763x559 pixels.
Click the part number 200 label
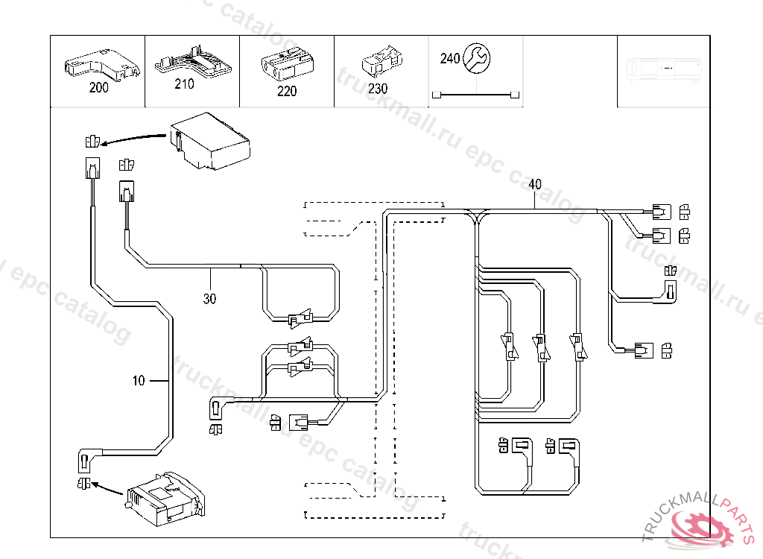(x=98, y=87)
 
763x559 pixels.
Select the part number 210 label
(x=184, y=83)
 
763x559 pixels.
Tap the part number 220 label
(x=286, y=91)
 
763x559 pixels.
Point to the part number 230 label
(x=378, y=88)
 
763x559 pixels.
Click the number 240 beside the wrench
(x=450, y=58)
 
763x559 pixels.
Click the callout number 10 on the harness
(x=139, y=381)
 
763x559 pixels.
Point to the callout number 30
(x=210, y=298)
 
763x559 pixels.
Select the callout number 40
(x=534, y=184)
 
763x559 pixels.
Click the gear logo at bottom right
(x=704, y=528)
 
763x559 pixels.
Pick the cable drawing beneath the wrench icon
(x=476, y=95)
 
